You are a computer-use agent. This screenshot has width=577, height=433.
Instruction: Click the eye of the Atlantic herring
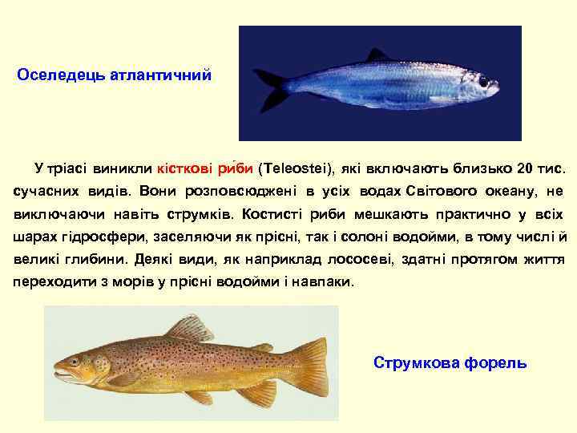click(483, 81)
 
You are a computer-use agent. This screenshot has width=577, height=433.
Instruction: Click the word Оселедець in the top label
click(61, 75)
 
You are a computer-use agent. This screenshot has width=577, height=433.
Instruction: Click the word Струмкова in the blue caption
click(414, 362)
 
